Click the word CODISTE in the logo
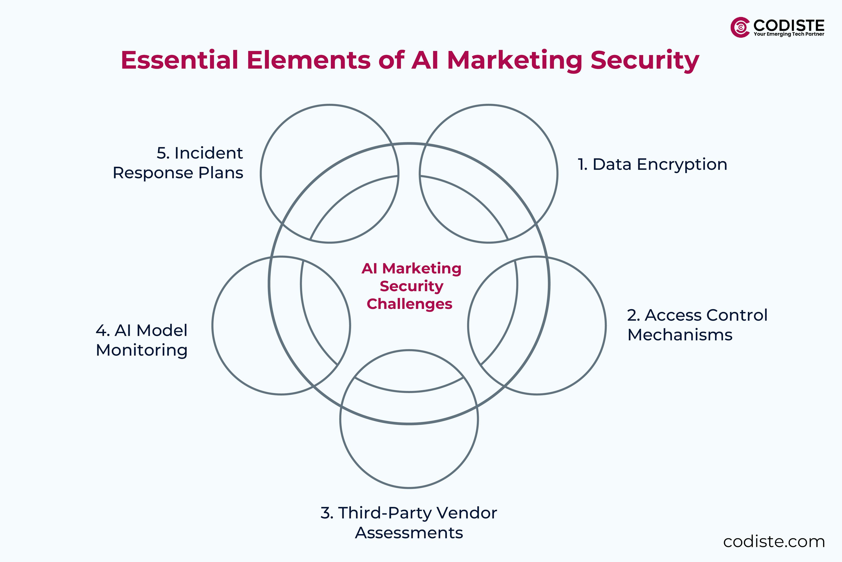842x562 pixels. point(789,25)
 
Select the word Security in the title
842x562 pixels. point(644,60)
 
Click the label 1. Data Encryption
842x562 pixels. point(652,164)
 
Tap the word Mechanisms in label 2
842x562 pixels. point(680,335)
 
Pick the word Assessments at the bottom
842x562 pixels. point(409,533)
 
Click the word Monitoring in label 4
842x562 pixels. point(142,350)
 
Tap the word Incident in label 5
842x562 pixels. point(209,153)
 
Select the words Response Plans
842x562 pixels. point(178,173)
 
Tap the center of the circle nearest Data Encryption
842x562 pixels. point(488,174)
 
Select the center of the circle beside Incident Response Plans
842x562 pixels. point(329,174)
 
